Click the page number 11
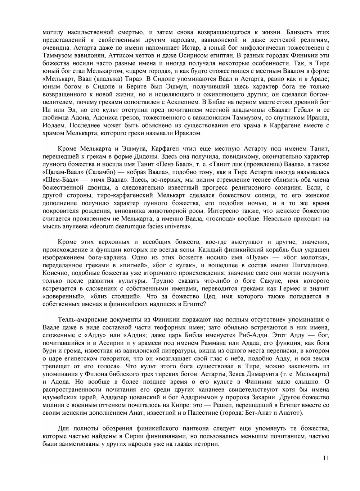point(326,458)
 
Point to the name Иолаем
point(54,126)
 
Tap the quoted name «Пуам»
point(257,258)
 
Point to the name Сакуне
point(264,281)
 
